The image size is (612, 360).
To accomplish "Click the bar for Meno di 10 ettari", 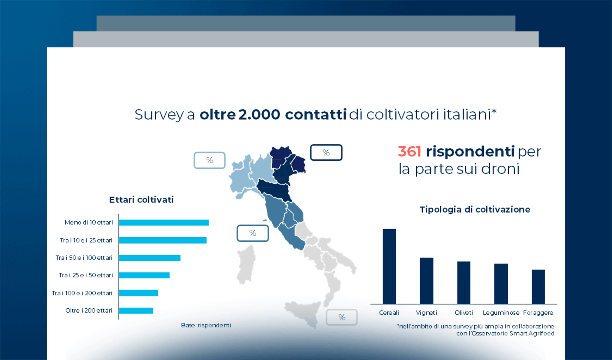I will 163,223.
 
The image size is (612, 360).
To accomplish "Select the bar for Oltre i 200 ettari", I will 136,310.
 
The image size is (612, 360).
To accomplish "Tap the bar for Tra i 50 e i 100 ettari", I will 149,258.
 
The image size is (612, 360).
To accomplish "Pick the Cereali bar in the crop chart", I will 389,266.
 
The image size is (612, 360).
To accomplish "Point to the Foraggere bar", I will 538,287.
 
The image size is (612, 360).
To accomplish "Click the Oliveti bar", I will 463,283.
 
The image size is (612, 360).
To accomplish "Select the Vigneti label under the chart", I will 426,313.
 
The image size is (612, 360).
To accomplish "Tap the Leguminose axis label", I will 501,313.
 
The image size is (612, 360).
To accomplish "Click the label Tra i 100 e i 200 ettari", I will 82,293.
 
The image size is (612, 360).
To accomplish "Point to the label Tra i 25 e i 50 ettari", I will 86,275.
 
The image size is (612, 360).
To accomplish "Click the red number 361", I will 409,151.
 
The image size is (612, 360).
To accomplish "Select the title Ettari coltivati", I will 141,200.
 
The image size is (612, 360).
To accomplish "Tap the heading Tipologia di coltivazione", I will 475,209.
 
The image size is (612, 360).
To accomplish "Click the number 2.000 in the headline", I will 259,115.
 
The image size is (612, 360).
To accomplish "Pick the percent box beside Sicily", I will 342,317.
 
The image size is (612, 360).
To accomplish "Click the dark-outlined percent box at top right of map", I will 326,152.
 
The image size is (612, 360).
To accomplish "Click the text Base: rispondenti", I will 206,325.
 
